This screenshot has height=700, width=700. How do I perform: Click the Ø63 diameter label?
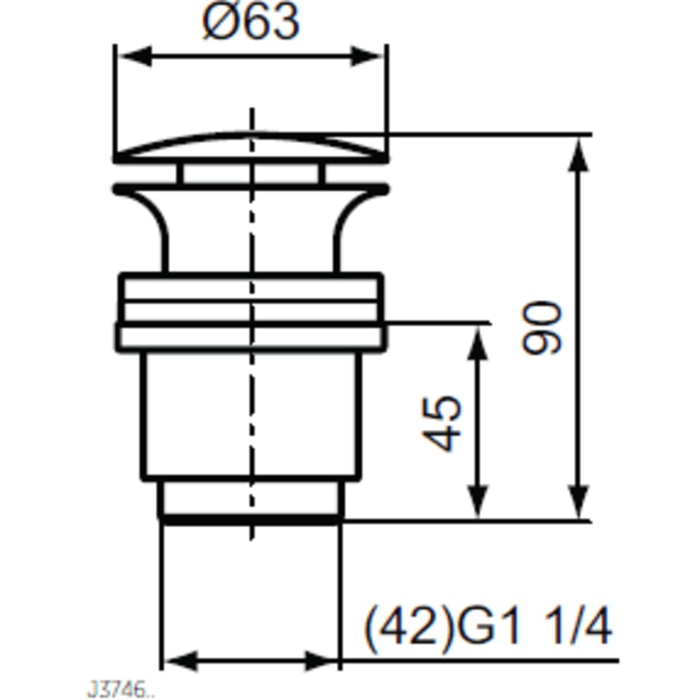tap(250, 23)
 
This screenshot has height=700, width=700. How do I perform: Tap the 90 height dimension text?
tap(542, 328)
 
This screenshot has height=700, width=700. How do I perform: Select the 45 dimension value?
tap(442, 423)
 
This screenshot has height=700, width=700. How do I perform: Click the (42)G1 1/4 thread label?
tap(488, 628)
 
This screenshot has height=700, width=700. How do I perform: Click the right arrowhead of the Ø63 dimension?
tap(367, 56)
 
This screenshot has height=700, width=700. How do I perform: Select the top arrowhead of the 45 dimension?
tap(477, 343)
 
